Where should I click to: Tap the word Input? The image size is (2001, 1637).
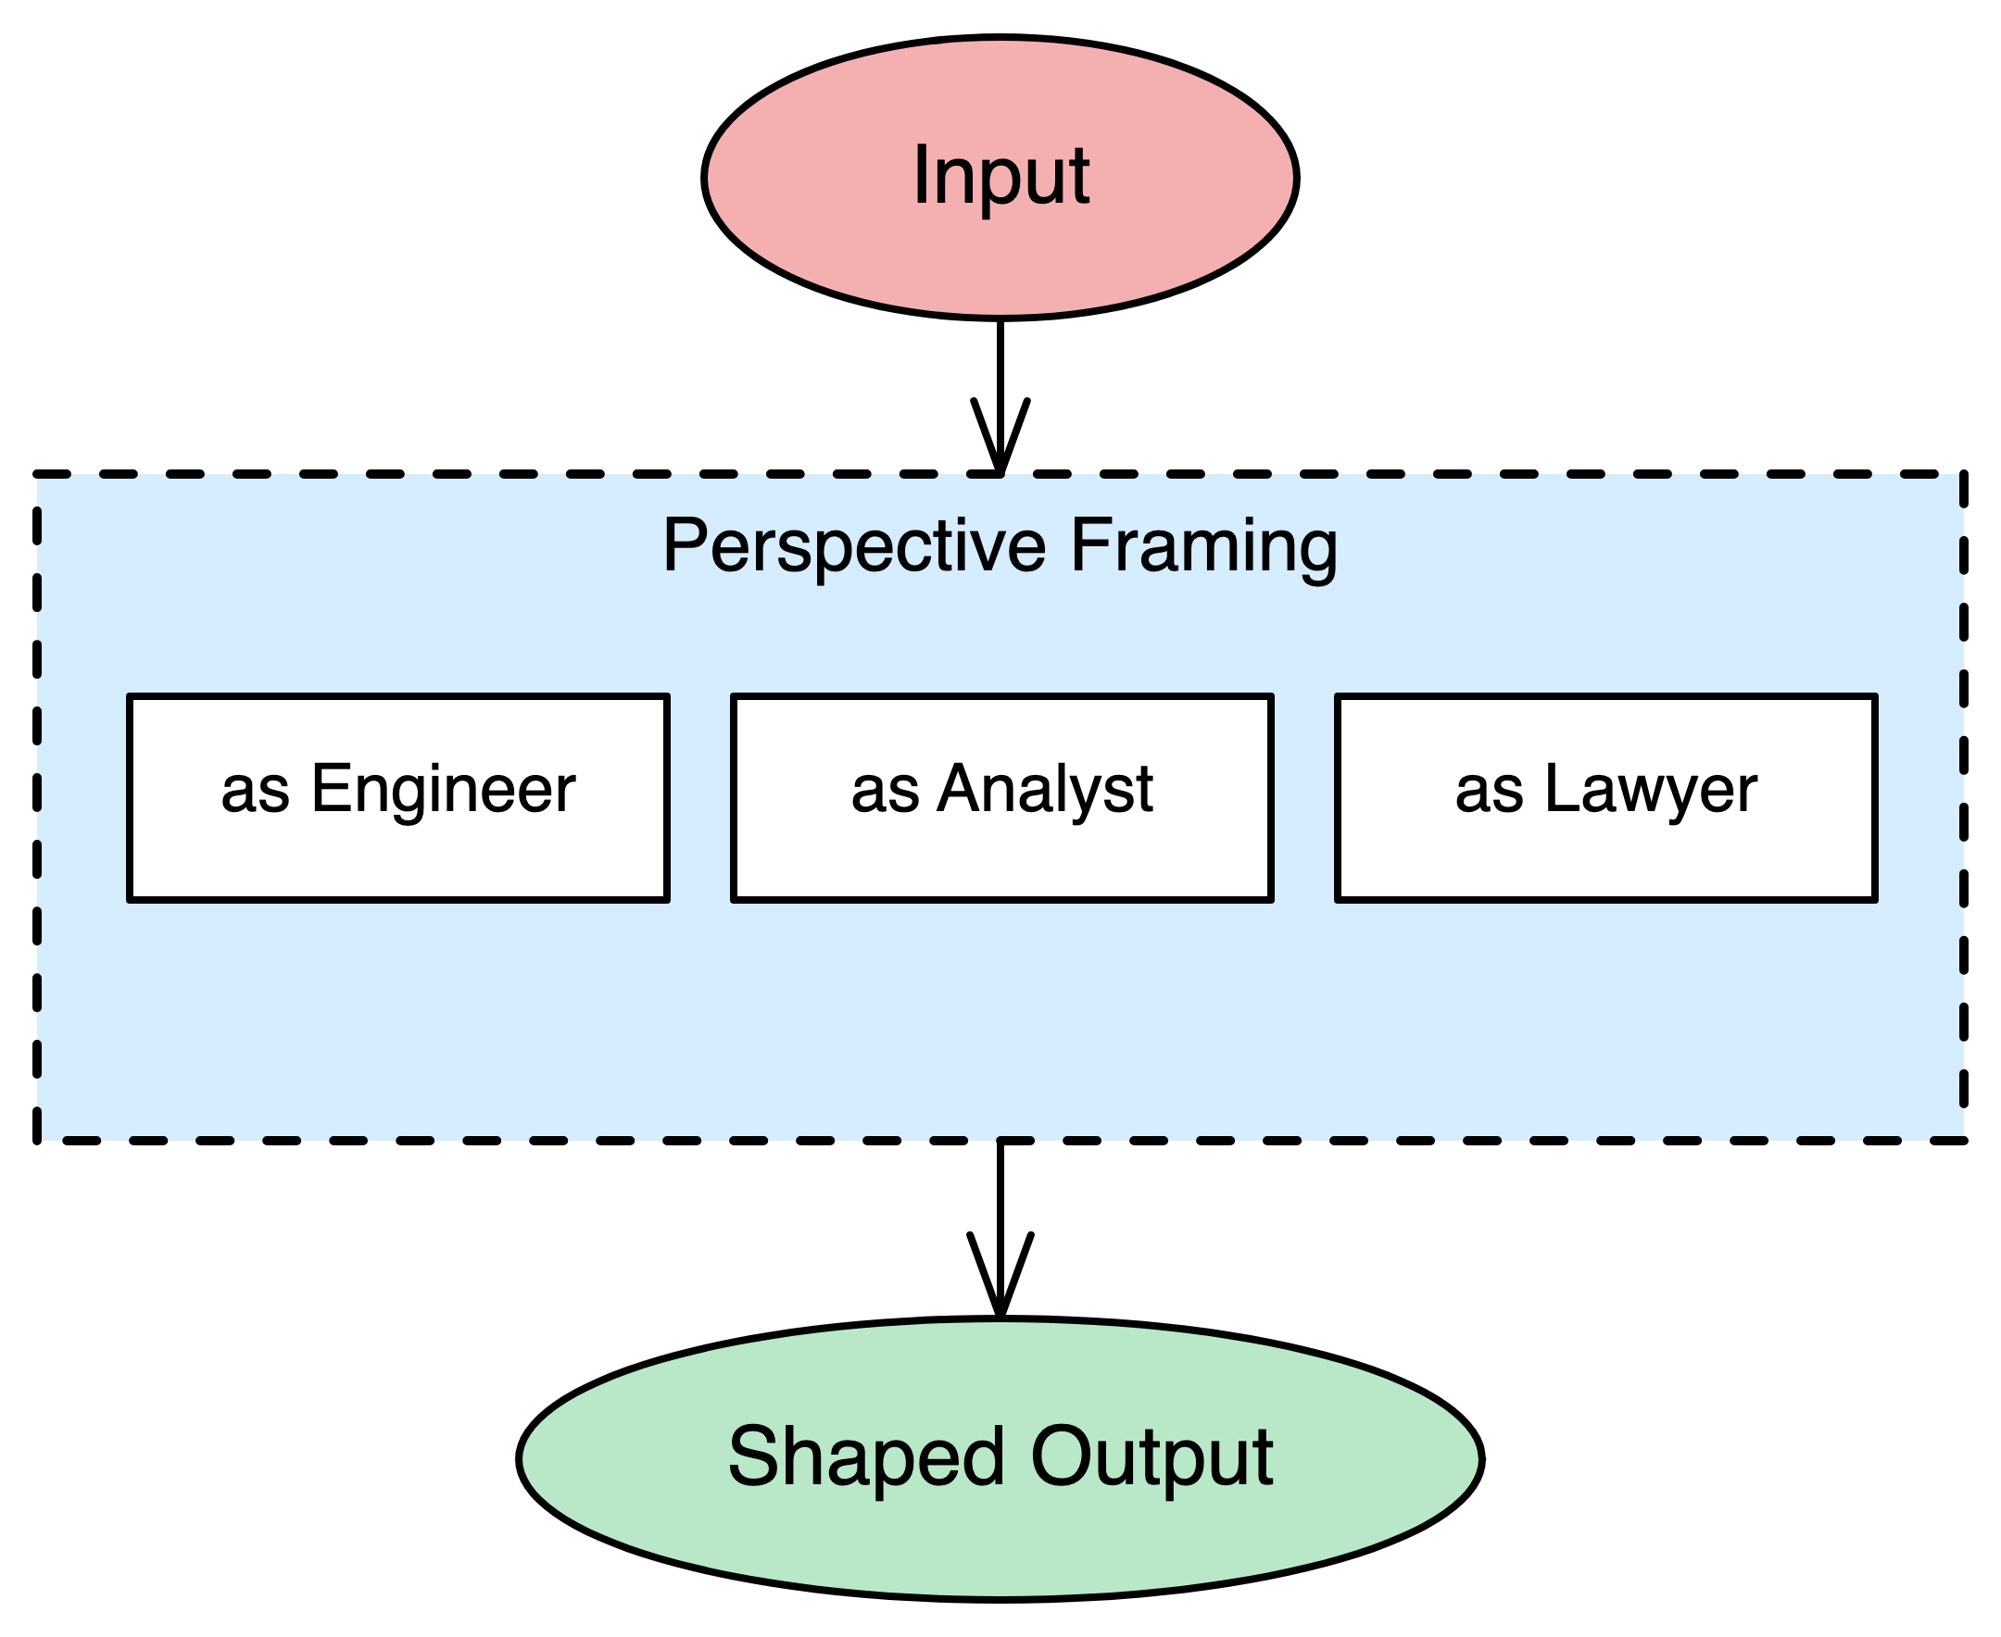coord(1000,176)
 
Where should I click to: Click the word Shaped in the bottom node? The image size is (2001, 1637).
coord(865,1457)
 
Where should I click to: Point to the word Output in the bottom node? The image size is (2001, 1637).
coord(1152,1457)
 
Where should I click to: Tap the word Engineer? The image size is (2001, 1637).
coord(444,789)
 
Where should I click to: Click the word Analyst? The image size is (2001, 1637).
coord(1045,789)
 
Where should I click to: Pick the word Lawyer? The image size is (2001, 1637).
coord(1651,789)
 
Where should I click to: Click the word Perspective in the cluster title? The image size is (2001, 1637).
coord(854,546)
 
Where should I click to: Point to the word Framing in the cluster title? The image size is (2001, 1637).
coord(1203,546)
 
